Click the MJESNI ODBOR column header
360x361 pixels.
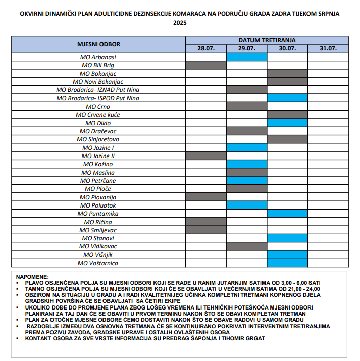point(98,44)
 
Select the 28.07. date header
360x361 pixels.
point(205,48)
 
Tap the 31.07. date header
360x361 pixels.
point(328,48)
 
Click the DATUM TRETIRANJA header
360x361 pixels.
point(267,40)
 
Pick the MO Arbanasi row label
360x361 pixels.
point(98,57)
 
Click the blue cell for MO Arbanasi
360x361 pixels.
point(246,57)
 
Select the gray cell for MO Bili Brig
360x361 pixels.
point(205,65)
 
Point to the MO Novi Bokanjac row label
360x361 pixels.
point(98,82)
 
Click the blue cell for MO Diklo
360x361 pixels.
point(287,123)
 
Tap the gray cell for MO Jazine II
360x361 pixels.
point(205,156)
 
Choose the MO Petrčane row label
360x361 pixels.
point(98,180)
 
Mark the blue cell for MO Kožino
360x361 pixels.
point(246,164)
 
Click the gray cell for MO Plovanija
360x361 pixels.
point(205,197)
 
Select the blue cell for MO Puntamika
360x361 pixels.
point(287,214)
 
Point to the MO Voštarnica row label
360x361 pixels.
point(98,263)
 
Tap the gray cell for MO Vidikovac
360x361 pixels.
point(246,246)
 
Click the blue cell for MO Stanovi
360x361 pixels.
point(287,238)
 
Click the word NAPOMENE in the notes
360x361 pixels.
point(32,277)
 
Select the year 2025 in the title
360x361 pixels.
point(180,23)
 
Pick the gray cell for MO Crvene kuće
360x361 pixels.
point(287,115)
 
